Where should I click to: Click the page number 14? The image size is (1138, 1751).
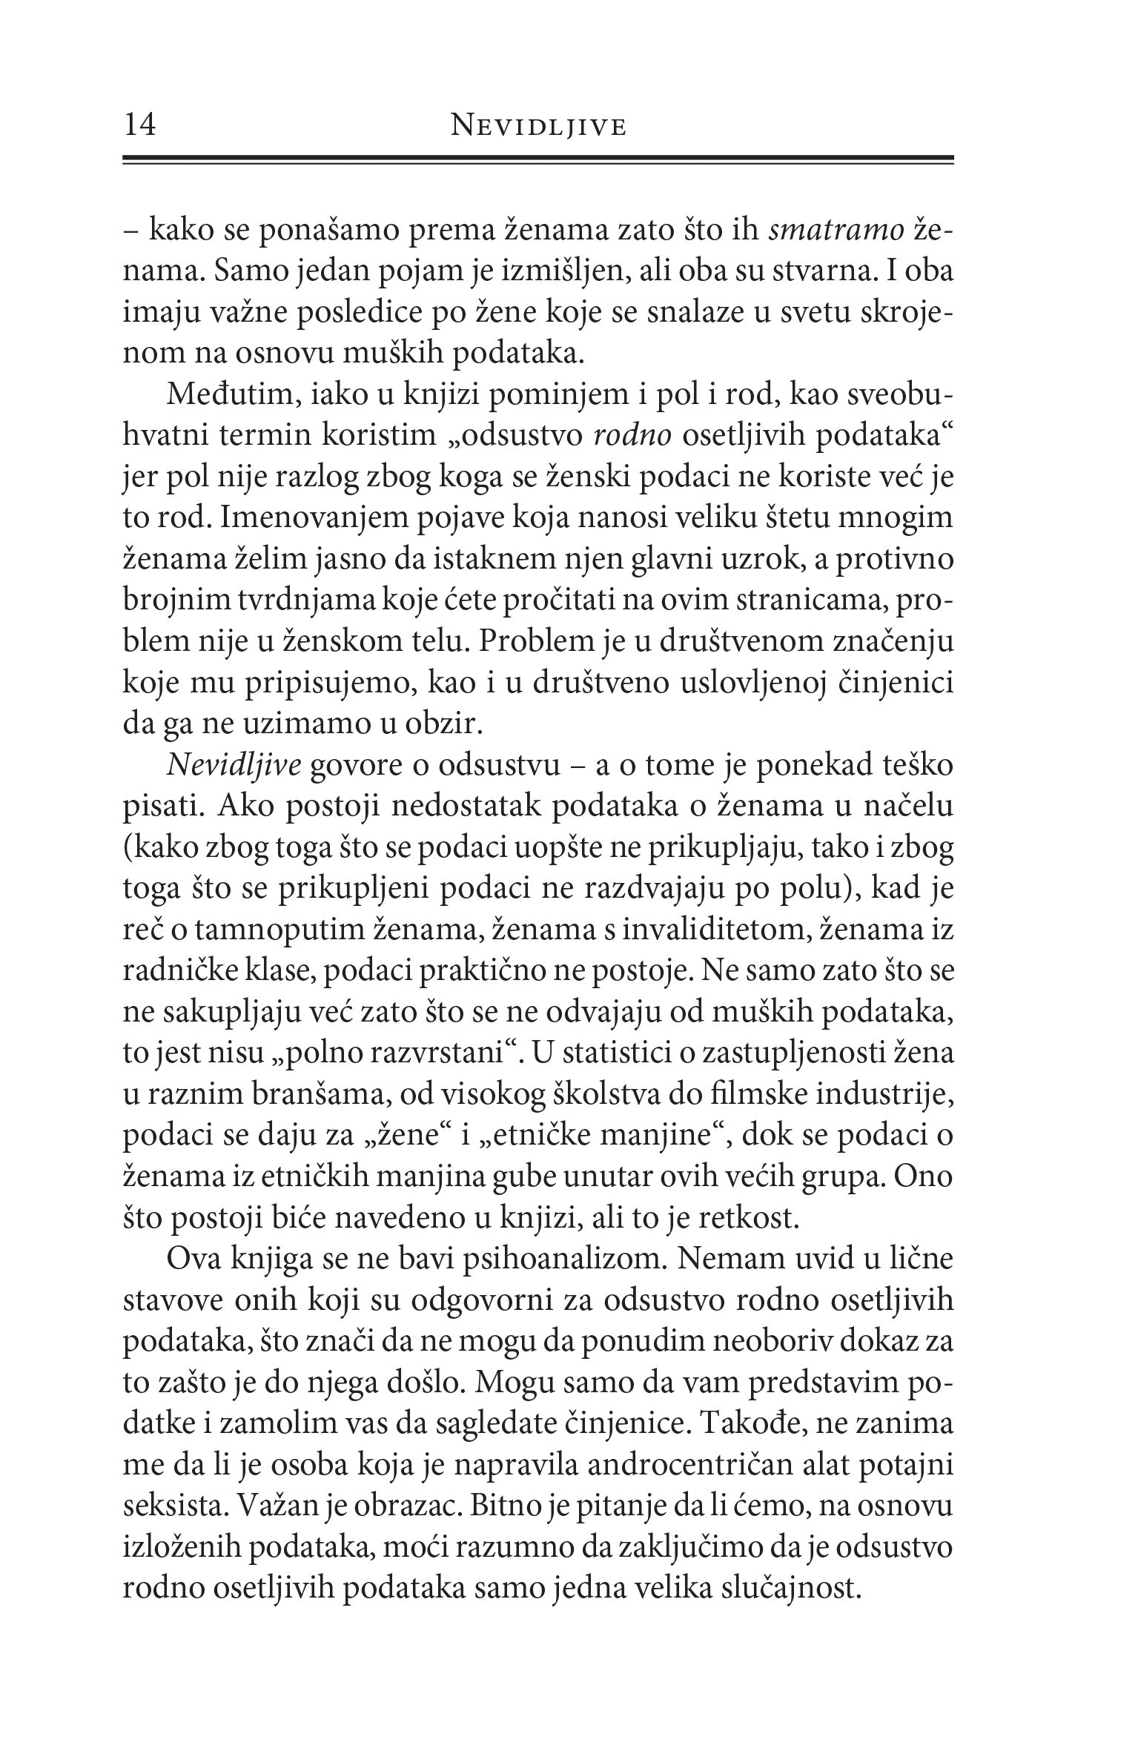click(140, 125)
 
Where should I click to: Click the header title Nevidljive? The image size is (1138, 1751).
click(538, 128)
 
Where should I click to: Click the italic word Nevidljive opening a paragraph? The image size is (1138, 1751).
click(234, 765)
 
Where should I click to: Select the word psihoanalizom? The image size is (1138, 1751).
click(562, 1260)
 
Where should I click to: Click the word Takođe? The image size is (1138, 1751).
click(741, 1424)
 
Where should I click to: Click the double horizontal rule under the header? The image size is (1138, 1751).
click(538, 160)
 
